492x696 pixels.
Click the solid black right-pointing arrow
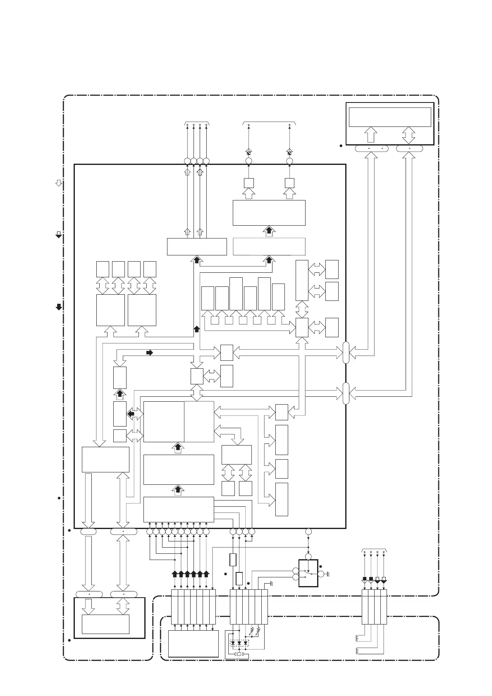150,353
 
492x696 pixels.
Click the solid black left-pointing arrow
131,413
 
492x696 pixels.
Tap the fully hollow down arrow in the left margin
59,183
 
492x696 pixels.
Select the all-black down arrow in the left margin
59,307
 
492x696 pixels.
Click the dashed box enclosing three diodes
239,643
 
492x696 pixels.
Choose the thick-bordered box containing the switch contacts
308,573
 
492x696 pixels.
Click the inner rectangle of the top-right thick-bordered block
390,117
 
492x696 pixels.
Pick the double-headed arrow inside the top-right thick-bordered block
409,135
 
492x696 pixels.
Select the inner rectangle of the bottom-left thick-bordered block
105,624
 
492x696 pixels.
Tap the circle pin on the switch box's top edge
308,557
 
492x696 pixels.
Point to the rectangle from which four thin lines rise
197,247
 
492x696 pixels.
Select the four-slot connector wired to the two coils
374,607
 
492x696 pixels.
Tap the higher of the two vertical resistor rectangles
233,560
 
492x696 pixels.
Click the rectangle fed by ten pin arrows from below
179,510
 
